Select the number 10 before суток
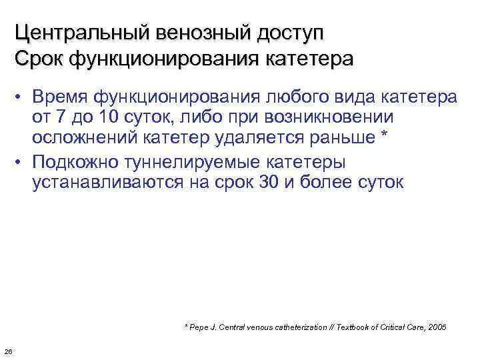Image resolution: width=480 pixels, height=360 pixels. (x=105, y=118)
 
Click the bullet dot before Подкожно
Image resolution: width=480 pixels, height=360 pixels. (x=21, y=161)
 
